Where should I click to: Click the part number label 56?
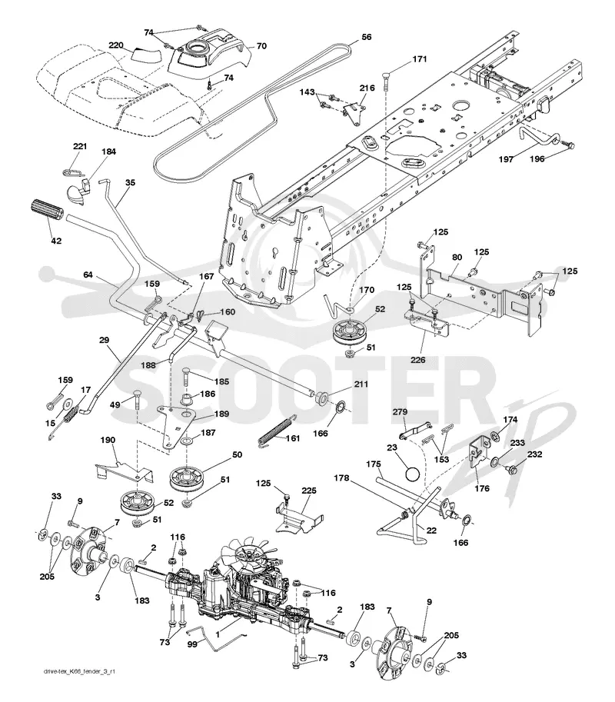(x=366, y=37)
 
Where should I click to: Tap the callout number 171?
(x=419, y=59)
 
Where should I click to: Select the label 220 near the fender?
(x=116, y=45)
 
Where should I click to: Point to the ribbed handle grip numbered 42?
(x=47, y=211)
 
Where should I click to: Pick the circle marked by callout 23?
(x=412, y=474)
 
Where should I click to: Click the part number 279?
(x=401, y=411)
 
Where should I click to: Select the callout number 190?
(x=108, y=440)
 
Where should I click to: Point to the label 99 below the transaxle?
(x=192, y=644)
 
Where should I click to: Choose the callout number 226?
(x=417, y=360)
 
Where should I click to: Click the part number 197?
(x=506, y=159)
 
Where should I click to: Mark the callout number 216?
(x=367, y=88)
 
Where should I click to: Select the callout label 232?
(x=534, y=454)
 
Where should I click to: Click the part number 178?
(x=341, y=478)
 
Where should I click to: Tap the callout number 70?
(x=261, y=45)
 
